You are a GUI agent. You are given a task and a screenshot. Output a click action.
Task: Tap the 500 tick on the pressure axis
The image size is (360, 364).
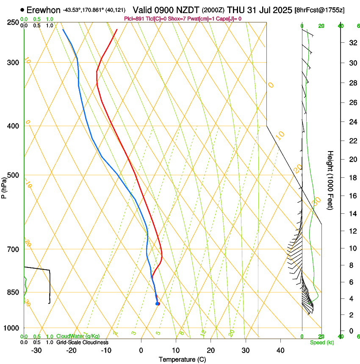tap(14, 175)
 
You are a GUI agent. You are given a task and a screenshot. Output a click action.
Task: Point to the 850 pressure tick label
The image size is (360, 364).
tap(14, 292)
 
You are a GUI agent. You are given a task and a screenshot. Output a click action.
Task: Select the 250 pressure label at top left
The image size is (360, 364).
tap(14, 22)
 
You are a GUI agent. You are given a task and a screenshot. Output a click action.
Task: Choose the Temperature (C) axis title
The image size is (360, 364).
tap(182, 360)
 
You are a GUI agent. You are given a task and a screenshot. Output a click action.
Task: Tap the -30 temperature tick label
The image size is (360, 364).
tap(36, 350)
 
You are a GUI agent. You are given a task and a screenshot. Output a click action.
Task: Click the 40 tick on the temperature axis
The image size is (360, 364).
tap(280, 350)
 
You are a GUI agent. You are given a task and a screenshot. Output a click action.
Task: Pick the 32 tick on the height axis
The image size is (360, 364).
tap(352, 43)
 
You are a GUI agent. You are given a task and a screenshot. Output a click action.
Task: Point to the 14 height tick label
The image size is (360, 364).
tap(352, 214)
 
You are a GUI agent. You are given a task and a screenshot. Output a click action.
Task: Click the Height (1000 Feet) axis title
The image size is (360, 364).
tap(331, 180)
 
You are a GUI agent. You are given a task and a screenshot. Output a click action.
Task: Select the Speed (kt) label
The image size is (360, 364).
tap(321, 342)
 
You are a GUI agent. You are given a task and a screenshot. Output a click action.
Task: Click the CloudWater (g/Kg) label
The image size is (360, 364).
tap(78, 336)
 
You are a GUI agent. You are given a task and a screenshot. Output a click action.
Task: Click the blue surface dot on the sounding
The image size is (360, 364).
tap(158, 303)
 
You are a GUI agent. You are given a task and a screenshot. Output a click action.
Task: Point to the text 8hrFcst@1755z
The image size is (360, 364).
tap(319, 10)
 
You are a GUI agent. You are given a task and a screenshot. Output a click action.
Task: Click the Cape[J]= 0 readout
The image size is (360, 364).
tap(229, 19)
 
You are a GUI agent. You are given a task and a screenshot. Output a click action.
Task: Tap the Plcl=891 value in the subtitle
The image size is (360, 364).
tap(135, 19)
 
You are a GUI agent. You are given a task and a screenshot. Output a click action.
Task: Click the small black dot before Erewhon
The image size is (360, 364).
tap(22, 9)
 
